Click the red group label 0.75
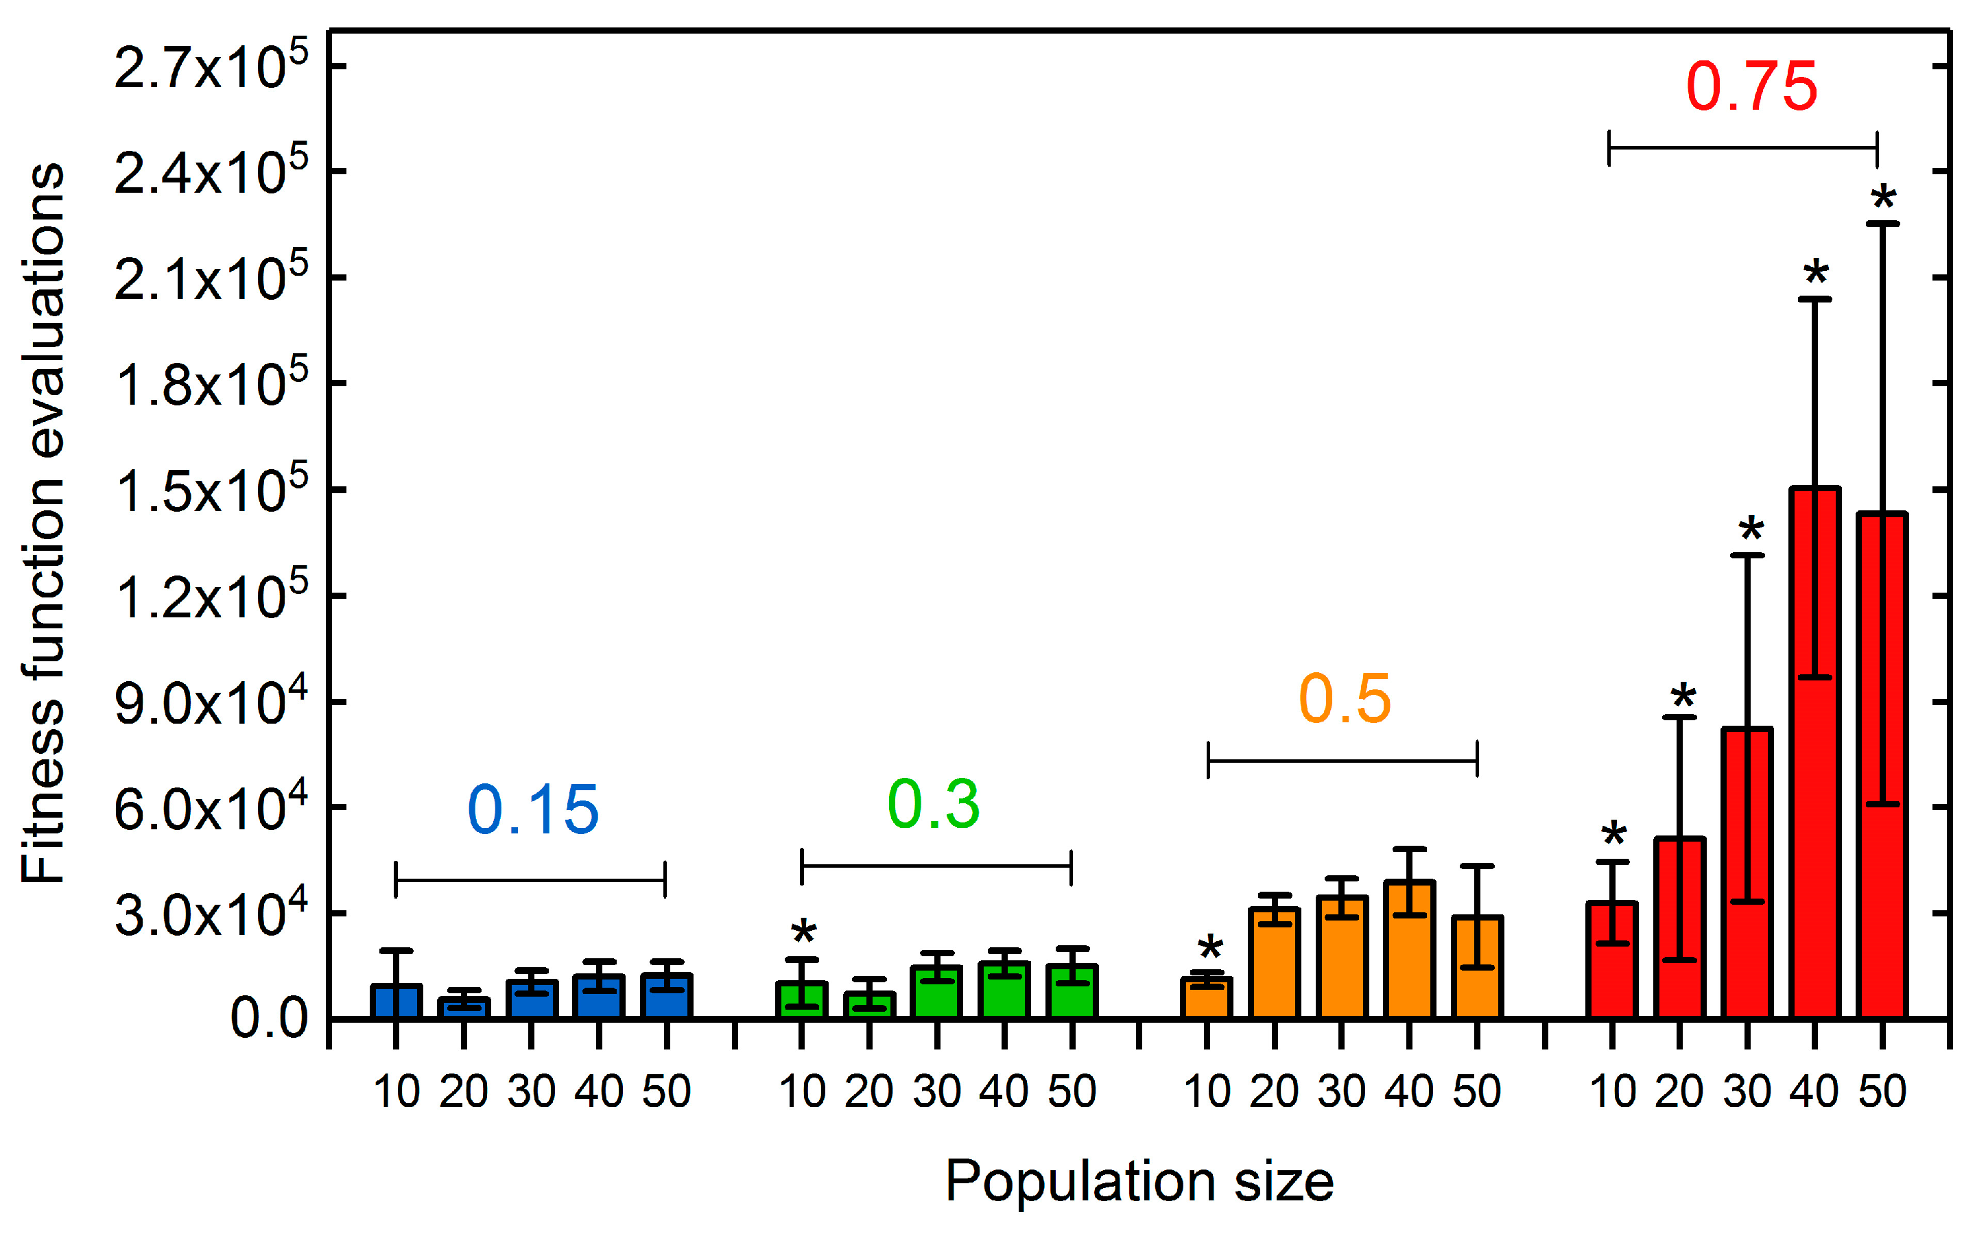pyautogui.click(x=1751, y=86)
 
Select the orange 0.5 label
pyautogui.click(x=1343, y=700)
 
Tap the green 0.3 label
pyautogui.click(x=933, y=805)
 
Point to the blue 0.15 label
pyautogui.click(x=533, y=810)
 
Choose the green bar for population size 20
pyautogui.click(x=869, y=1006)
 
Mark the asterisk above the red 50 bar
pyautogui.click(x=1884, y=198)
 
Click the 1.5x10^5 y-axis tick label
pyautogui.click(x=211, y=490)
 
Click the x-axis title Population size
pyautogui.click(x=1139, y=1181)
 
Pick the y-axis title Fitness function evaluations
pyautogui.click(x=43, y=522)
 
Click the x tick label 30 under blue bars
pyautogui.click(x=531, y=1091)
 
